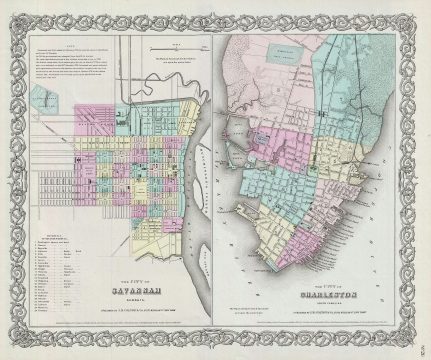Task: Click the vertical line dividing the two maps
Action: coord(217,180)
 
